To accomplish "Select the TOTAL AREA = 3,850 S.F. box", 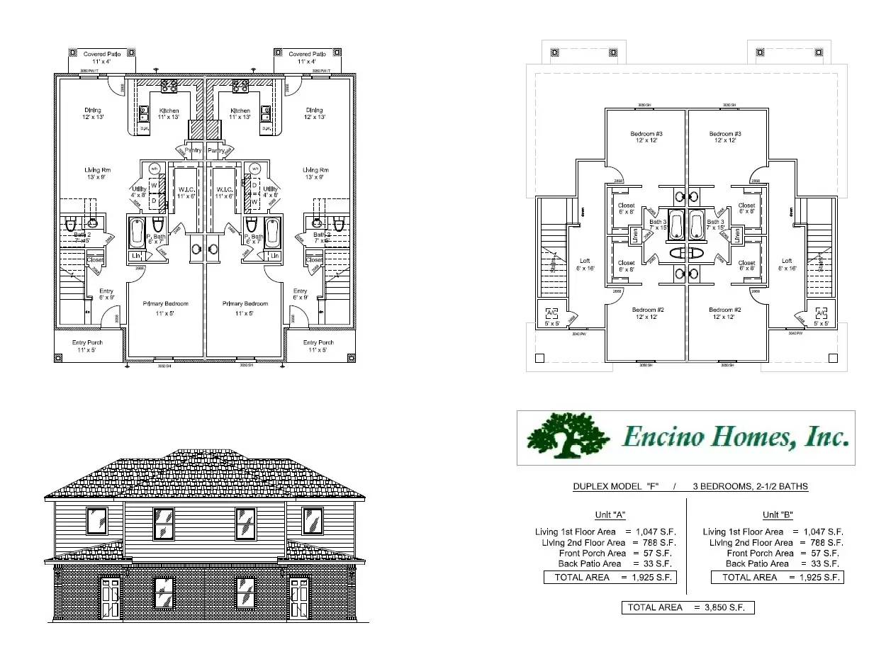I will pos(688,607).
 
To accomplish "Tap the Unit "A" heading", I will pos(610,515).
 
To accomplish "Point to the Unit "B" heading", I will pos(777,515).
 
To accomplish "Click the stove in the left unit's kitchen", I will pos(169,86).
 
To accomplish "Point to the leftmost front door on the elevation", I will pos(111,597).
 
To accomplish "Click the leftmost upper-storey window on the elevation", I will pos(96,521).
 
